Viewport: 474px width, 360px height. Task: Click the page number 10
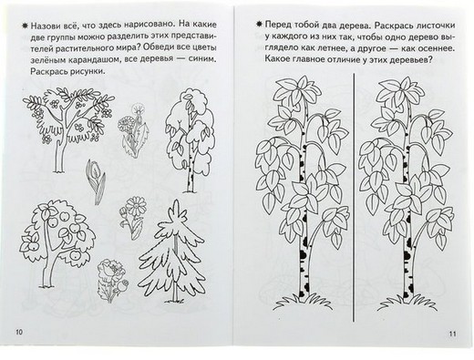(19, 332)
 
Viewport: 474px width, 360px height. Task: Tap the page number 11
(452, 334)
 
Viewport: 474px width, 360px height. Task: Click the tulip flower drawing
(96, 181)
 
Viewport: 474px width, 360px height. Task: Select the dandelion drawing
(133, 129)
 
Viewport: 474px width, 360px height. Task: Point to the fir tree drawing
(171, 252)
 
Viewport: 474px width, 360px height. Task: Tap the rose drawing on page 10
(113, 280)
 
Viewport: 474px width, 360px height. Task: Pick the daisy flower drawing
(133, 217)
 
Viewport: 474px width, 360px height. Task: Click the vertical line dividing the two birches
(354, 198)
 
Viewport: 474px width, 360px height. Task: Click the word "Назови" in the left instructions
(46, 25)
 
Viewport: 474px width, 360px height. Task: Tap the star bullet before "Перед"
(259, 25)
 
